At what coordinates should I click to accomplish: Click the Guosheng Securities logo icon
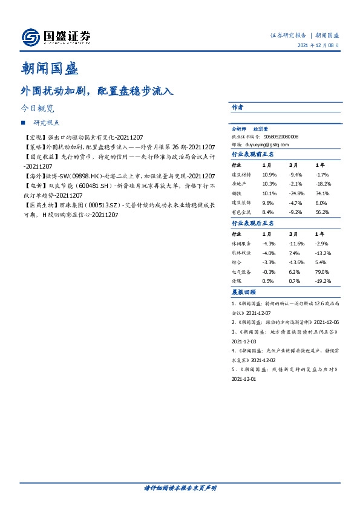click(x=31, y=38)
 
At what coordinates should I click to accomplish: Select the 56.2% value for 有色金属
click(x=322, y=212)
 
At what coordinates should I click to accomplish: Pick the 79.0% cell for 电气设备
click(x=322, y=273)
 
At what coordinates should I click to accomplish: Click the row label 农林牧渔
click(x=241, y=253)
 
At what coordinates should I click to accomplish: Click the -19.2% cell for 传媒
click(x=323, y=282)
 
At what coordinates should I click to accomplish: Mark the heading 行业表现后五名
click(x=254, y=223)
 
